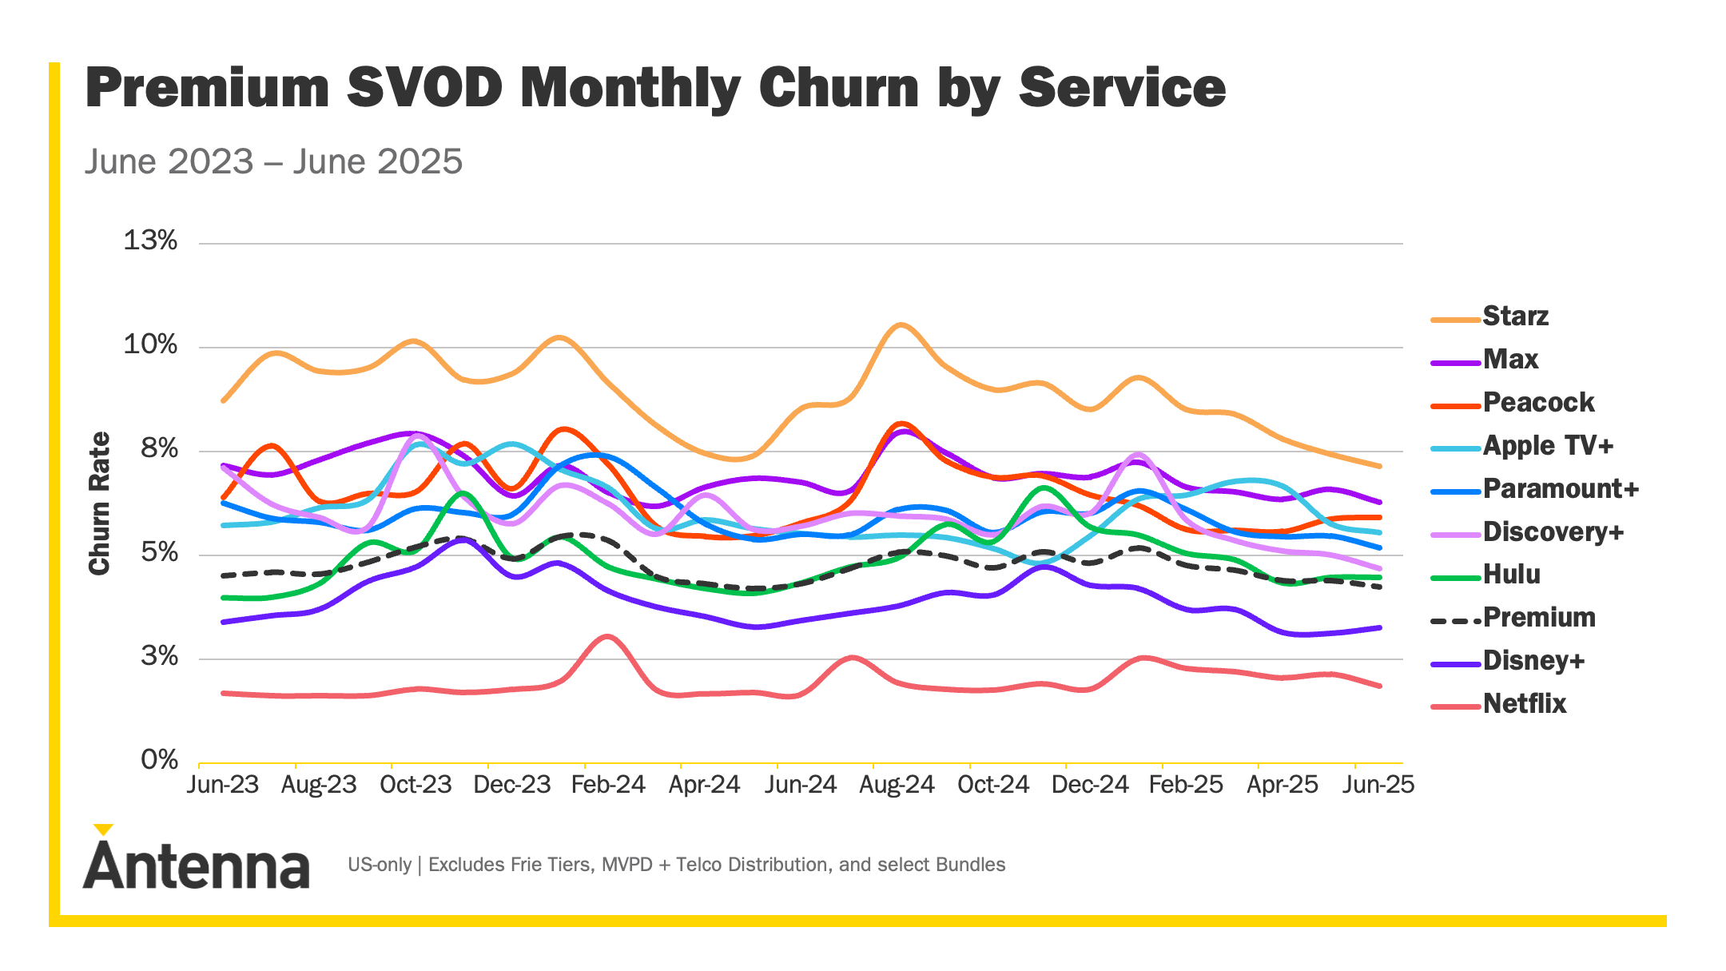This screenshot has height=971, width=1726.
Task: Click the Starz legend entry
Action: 1514,316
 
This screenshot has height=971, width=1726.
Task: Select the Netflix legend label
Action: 1524,704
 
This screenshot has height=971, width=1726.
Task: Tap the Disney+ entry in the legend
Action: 1533,661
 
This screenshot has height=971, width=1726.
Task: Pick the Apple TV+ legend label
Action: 1548,446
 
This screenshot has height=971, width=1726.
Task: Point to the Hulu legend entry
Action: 1511,575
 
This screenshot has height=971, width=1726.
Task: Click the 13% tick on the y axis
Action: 150,241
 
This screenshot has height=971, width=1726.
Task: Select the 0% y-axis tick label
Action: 159,760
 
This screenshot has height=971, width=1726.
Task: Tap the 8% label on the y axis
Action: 159,449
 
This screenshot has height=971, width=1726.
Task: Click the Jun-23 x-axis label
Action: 223,785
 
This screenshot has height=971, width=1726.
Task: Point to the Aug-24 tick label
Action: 897,785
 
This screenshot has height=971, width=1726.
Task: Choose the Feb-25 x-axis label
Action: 1186,785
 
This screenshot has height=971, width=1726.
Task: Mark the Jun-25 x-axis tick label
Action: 1378,785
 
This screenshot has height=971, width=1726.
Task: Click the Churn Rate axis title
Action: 99,503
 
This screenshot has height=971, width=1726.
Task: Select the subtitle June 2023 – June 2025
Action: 273,161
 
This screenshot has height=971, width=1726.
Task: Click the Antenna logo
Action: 196,860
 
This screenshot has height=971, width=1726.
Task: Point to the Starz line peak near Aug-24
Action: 901,324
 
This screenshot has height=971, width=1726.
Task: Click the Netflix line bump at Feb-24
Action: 607,637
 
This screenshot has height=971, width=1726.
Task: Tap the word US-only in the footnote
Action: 380,865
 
